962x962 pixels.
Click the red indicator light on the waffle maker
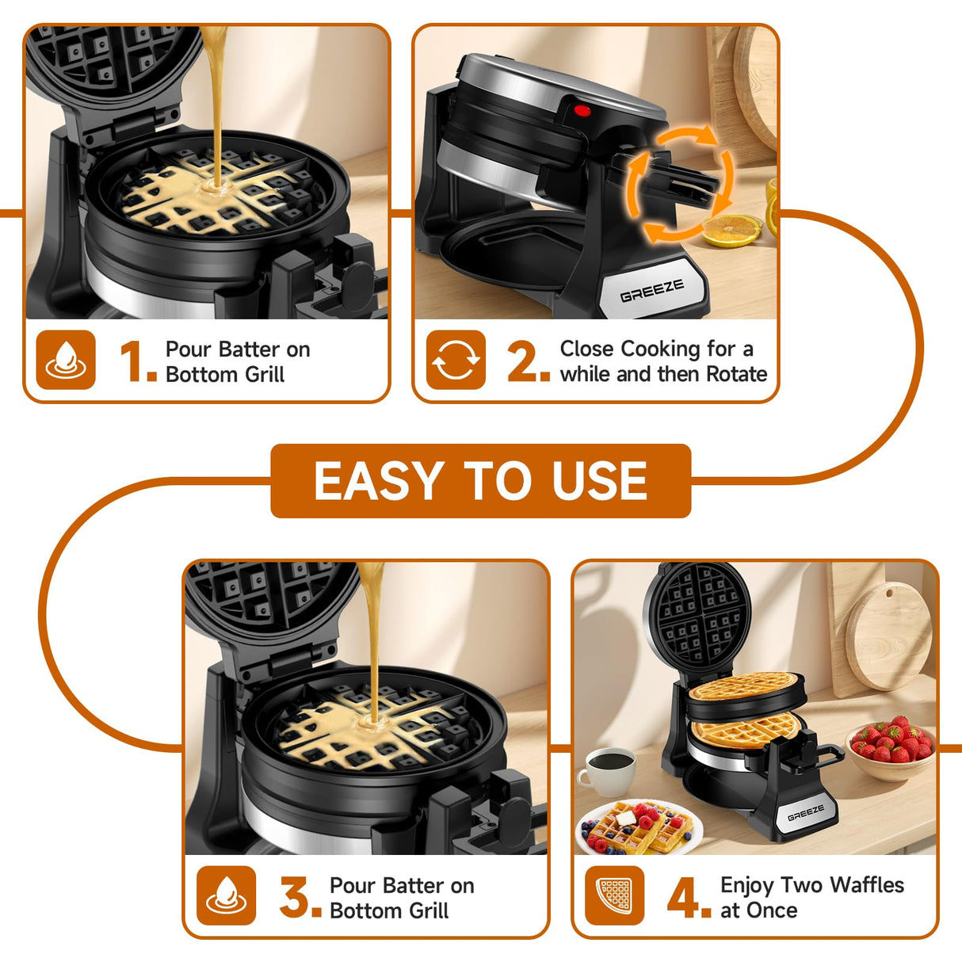(x=582, y=111)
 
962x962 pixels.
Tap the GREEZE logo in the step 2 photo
(x=651, y=291)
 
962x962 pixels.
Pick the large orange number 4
(x=687, y=897)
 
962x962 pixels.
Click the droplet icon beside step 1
(x=66, y=361)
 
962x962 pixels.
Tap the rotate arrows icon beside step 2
(x=456, y=361)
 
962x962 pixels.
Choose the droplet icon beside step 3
(x=226, y=895)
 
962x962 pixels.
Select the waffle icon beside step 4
(x=615, y=895)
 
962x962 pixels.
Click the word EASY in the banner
(x=378, y=481)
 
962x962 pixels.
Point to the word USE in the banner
(x=600, y=481)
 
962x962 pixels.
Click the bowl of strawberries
(x=891, y=749)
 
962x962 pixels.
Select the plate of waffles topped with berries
(x=638, y=828)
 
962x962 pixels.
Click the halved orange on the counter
(x=731, y=231)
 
